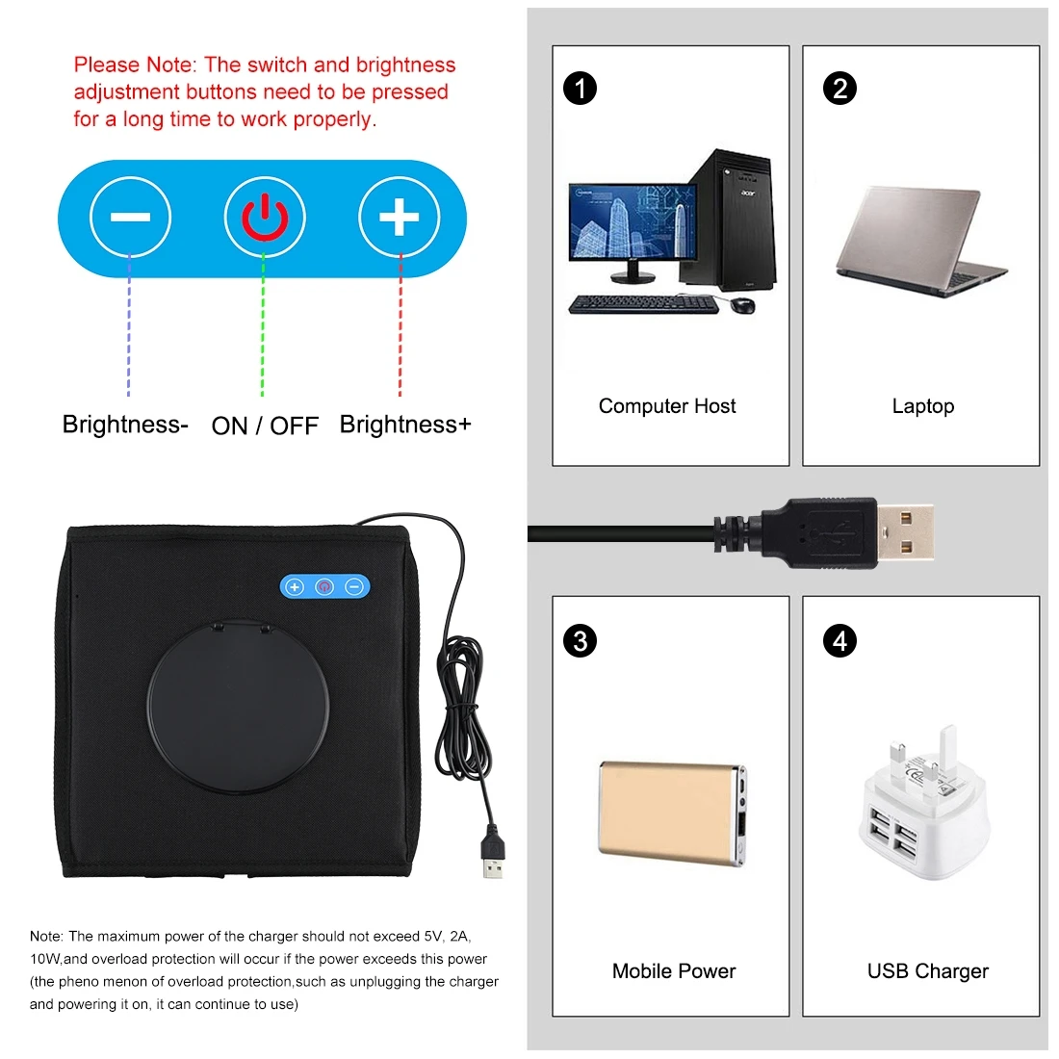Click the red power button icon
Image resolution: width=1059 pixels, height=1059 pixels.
[265, 218]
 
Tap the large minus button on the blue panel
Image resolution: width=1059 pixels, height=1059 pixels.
[130, 218]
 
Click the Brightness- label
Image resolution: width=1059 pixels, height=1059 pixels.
[125, 425]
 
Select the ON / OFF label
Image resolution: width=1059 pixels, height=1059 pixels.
[265, 426]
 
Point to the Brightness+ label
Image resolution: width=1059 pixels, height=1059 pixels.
[405, 425]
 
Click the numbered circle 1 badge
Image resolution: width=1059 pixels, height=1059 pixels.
[580, 89]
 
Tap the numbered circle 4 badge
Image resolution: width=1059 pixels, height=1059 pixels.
[839, 640]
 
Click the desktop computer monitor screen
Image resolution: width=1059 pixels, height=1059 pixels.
[632, 222]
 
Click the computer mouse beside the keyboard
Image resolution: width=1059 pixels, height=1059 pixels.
[742, 305]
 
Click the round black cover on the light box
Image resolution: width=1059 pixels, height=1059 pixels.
[238, 706]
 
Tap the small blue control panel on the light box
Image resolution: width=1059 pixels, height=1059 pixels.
[324, 586]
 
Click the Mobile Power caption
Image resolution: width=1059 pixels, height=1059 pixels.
[673, 970]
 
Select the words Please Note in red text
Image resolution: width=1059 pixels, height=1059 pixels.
[134, 65]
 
